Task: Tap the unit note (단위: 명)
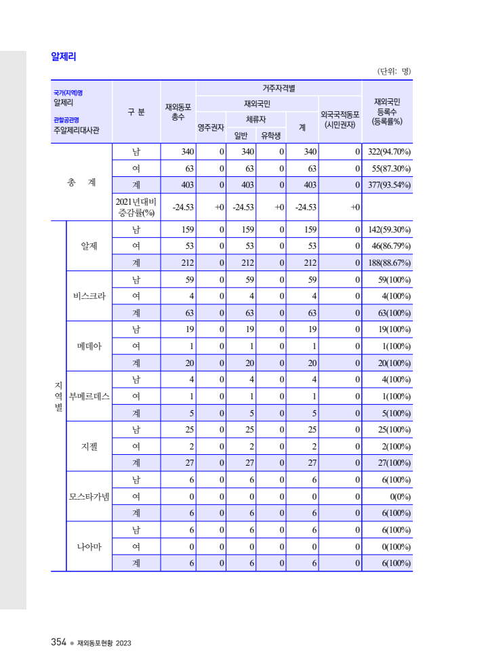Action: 394,71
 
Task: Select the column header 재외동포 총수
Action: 178,112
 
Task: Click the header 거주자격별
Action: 279,88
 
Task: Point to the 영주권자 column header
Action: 211,127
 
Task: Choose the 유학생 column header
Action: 271,136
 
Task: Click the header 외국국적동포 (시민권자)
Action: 340,120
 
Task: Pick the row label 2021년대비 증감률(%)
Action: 136,207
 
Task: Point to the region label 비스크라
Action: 89,296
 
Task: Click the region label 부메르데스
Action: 89,396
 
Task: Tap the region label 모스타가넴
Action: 89,496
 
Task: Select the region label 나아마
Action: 89,546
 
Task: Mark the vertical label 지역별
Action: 58,396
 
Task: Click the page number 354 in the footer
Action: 58,643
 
